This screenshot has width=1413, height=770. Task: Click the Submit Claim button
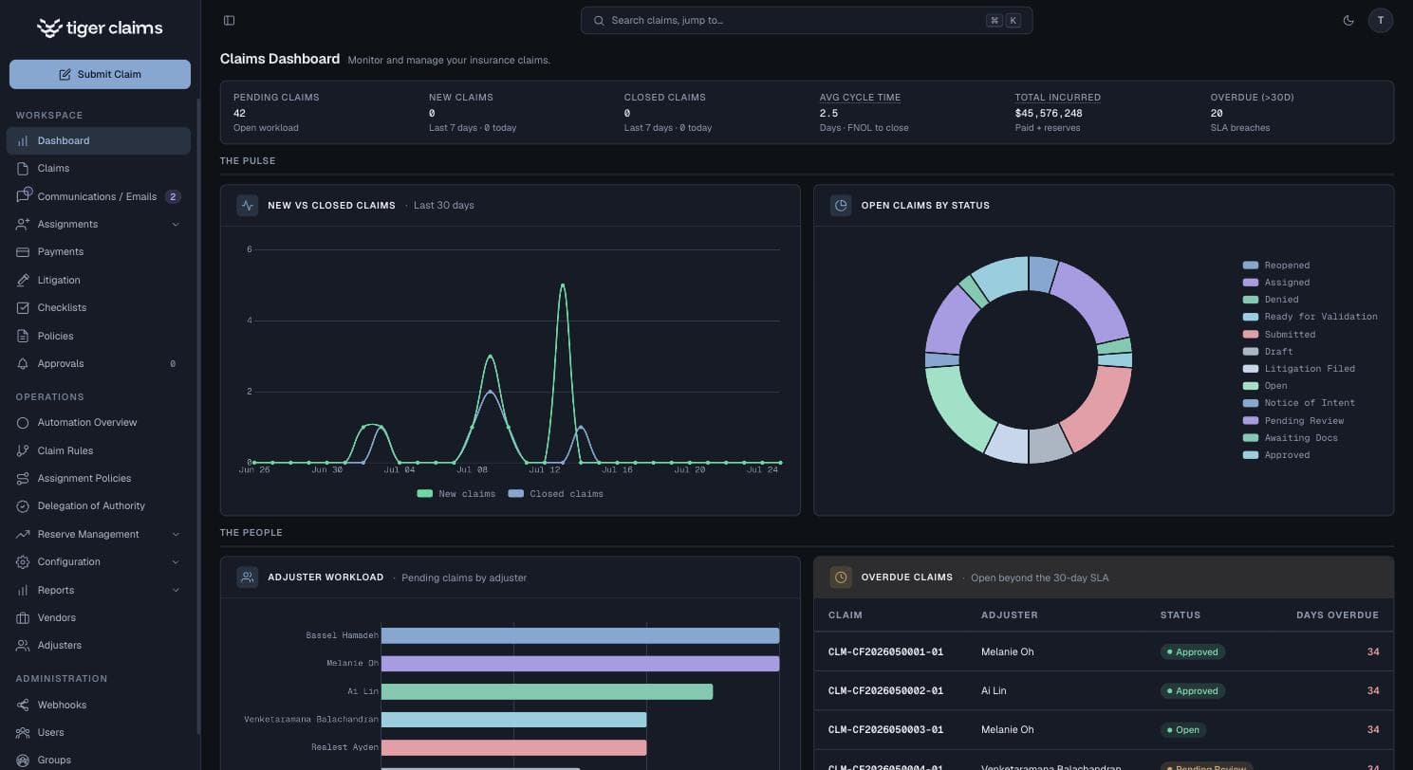[100, 74]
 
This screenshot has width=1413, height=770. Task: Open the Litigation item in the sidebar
[58, 280]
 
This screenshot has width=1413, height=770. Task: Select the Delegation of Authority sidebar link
[91, 506]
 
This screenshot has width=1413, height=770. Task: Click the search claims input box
[807, 20]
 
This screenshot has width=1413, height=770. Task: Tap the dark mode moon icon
[1348, 20]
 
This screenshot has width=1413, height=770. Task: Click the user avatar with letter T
[1380, 20]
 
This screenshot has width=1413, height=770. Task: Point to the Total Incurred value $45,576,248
[1049, 114]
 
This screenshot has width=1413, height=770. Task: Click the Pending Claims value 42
[240, 114]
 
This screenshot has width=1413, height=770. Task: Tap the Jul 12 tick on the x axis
[545, 469]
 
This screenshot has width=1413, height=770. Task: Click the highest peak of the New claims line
[563, 284]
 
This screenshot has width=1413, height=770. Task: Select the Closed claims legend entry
[556, 494]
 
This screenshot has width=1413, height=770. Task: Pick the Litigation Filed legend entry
[1298, 369]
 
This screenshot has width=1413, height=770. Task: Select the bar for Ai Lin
[547, 692]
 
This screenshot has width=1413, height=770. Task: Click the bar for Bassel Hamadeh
[581, 635]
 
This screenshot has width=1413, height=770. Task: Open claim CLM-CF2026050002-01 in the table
[885, 690]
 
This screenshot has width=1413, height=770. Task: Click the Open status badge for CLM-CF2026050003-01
[1182, 729]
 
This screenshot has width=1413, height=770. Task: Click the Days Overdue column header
[1337, 615]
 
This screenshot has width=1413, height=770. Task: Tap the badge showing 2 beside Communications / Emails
[173, 196]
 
